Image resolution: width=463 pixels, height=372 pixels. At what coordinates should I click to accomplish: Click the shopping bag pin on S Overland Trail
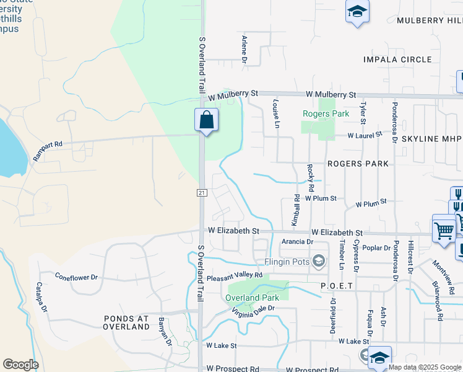click(206, 120)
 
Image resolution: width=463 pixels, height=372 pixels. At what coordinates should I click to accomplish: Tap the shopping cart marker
click(444, 229)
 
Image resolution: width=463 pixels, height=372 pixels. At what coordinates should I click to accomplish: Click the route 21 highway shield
click(202, 193)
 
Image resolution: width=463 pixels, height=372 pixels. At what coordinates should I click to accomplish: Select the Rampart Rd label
click(48, 150)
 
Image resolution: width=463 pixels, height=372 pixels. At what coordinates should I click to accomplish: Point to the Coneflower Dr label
click(76, 277)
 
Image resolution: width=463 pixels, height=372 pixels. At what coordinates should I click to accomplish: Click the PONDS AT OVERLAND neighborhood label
click(126, 322)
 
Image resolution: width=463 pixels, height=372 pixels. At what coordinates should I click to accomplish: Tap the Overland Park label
click(251, 298)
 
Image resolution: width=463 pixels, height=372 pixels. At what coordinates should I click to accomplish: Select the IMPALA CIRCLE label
click(397, 60)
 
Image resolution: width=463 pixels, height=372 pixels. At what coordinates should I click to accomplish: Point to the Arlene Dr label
click(244, 50)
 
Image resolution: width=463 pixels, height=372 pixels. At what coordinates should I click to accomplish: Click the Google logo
click(21, 365)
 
